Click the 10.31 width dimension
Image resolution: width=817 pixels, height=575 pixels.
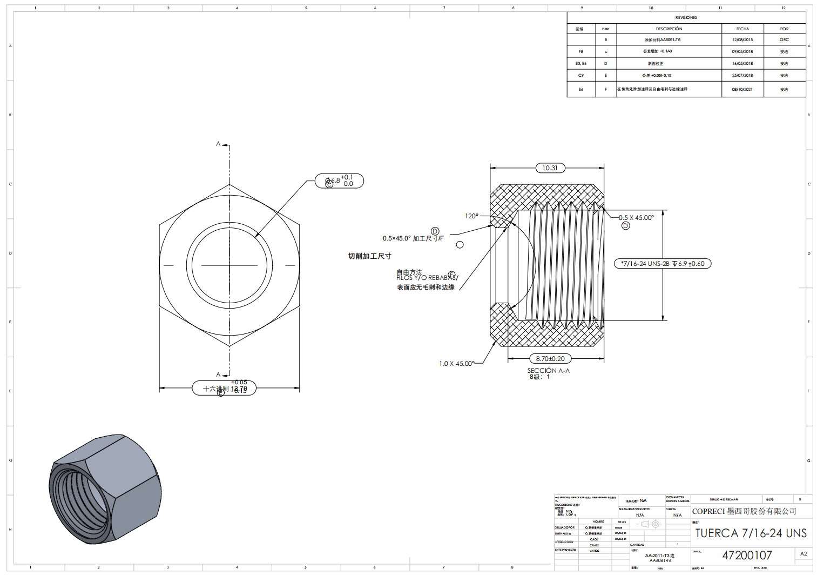click(550, 168)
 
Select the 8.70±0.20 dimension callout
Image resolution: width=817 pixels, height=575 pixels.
click(550, 359)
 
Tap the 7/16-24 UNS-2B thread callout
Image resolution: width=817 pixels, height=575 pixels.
click(662, 264)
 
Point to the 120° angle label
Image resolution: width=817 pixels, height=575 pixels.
click(471, 216)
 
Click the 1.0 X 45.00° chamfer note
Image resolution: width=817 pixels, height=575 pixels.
click(456, 364)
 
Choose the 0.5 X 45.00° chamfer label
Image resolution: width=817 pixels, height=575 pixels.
click(636, 218)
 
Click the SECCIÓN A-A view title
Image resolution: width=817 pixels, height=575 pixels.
click(548, 371)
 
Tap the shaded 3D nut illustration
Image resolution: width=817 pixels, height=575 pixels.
click(105, 489)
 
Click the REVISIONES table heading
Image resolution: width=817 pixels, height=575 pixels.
click(686, 17)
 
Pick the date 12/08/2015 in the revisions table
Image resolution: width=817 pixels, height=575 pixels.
click(742, 40)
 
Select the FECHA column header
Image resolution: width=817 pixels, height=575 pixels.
click(742, 29)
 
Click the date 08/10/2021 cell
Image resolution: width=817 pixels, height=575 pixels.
click(742, 90)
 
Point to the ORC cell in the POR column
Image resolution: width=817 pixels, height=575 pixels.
click(784, 40)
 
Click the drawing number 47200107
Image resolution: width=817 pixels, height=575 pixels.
click(747, 556)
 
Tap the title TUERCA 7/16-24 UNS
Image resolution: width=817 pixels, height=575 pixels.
click(751, 533)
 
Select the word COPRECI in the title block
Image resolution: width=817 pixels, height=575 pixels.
click(708, 511)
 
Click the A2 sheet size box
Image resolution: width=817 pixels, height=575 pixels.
click(804, 554)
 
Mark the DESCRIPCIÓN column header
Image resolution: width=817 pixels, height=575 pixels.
click(669, 29)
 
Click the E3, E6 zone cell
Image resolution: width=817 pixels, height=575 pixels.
click(581, 64)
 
